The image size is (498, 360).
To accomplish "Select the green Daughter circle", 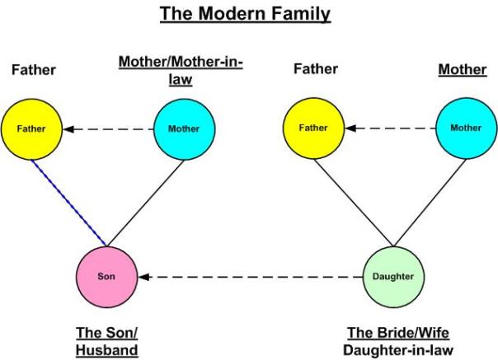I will tap(392, 275).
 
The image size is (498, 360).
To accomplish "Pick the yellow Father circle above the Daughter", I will tap(313, 128).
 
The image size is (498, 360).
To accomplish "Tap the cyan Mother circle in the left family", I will tap(185, 129).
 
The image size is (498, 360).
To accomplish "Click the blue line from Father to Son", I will tap(71, 203).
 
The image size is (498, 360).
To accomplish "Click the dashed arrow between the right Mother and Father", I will tap(390, 129).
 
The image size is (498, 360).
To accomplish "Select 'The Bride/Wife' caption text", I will tap(391, 333).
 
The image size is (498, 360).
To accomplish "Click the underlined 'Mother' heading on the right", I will tap(462, 70).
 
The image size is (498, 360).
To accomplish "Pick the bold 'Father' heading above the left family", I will tap(33, 70).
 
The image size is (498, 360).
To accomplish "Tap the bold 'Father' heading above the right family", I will tap(316, 69).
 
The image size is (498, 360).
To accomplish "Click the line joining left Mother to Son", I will tap(148, 201).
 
